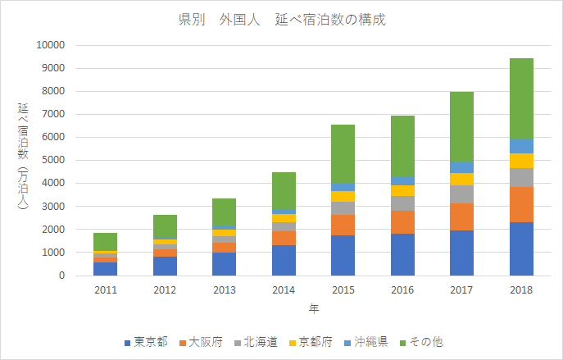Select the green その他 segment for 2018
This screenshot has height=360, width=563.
point(521,98)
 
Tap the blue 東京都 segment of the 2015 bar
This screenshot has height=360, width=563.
point(343,255)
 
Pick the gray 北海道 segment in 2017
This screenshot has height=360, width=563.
point(461,194)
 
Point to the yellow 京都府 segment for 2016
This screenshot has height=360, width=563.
point(402,191)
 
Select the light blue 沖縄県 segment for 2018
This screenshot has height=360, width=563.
point(521,146)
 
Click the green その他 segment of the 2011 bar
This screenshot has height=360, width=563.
point(104,241)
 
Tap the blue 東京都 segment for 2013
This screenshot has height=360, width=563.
point(224,264)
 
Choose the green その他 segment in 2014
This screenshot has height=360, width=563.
point(283,190)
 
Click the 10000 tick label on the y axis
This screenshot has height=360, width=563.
point(49,45)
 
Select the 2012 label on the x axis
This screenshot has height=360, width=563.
point(164,289)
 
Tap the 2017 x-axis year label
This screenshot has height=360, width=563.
point(461,289)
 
